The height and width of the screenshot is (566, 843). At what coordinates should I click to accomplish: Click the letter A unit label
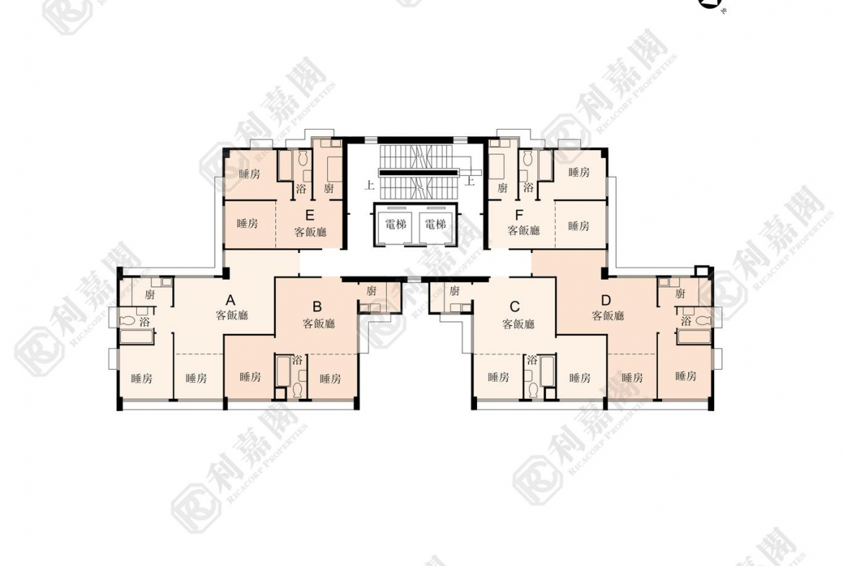pyautogui.click(x=230, y=300)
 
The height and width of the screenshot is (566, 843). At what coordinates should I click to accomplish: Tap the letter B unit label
pyautogui.click(x=317, y=306)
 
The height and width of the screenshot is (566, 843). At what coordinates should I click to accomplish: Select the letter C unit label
pyautogui.click(x=514, y=306)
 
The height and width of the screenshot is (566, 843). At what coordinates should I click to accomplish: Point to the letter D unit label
pyautogui.click(x=606, y=300)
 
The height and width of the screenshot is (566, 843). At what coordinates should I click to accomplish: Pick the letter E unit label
pyautogui.click(x=310, y=216)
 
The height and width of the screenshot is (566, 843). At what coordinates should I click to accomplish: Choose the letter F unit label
pyautogui.click(x=519, y=215)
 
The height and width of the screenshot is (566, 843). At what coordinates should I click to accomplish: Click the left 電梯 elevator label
pyautogui.click(x=396, y=224)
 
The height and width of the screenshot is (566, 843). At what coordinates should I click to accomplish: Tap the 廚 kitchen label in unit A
pyautogui.click(x=149, y=294)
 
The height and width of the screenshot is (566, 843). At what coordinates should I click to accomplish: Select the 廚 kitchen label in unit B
pyautogui.click(x=371, y=291)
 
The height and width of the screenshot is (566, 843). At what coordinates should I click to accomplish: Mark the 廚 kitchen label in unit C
pyautogui.click(x=455, y=291)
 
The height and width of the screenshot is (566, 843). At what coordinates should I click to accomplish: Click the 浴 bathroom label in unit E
pyautogui.click(x=301, y=188)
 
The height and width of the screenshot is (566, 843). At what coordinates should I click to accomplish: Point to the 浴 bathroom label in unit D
pyautogui.click(x=686, y=321)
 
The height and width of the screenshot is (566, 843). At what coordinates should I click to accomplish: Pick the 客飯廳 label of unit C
pyautogui.click(x=518, y=324)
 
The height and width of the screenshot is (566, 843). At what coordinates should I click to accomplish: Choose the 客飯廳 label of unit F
pyautogui.click(x=524, y=230)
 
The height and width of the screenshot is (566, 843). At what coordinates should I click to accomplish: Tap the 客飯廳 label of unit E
pyautogui.click(x=311, y=232)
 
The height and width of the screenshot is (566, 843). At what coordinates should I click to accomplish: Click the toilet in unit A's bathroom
pyautogui.click(x=128, y=321)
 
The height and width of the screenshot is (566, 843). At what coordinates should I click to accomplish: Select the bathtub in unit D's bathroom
pyautogui.click(x=694, y=337)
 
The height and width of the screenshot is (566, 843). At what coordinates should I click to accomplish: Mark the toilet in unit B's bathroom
pyautogui.click(x=296, y=389)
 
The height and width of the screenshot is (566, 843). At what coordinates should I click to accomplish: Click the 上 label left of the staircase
pyautogui.click(x=370, y=185)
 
